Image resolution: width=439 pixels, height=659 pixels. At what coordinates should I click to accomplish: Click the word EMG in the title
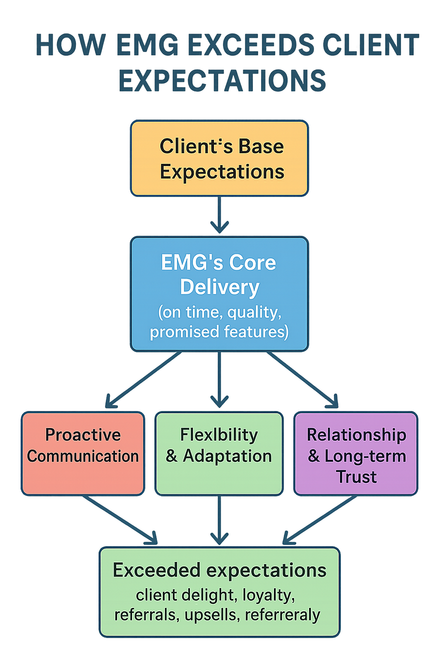coord(147,45)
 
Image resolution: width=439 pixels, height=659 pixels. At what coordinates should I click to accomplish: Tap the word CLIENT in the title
coord(370,45)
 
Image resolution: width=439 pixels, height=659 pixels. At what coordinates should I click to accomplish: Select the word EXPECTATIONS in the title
coord(222,81)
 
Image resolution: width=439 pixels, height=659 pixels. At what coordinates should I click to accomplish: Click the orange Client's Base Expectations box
coord(219,159)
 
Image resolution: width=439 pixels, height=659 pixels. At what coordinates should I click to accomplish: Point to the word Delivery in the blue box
coord(219,287)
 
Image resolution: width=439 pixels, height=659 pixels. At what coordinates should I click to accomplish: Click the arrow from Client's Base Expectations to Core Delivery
coord(219,215)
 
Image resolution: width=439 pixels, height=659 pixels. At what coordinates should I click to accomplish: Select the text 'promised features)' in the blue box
coord(219,332)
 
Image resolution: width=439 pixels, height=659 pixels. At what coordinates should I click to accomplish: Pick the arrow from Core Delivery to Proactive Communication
coord(144,380)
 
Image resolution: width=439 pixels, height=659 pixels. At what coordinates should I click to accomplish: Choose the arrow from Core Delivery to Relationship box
coord(302,380)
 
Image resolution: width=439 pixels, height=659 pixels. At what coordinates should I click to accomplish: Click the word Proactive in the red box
coord(83,435)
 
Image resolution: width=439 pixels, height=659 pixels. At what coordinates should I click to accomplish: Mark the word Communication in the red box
coord(83,456)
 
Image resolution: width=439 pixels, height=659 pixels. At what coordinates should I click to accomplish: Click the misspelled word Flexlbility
coord(219,435)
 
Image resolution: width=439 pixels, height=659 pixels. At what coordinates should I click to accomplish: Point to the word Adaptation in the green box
coord(227,456)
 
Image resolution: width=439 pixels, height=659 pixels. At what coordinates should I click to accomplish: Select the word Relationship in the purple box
coord(356,435)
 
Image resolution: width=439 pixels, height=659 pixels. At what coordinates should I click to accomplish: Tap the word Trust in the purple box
coord(356,477)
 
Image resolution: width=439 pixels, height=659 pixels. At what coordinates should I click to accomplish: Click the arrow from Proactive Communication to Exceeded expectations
coord(120,519)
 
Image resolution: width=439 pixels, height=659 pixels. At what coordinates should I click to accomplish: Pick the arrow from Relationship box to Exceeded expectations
coord(319,519)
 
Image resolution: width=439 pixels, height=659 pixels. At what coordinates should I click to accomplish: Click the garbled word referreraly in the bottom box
coord(283,615)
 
